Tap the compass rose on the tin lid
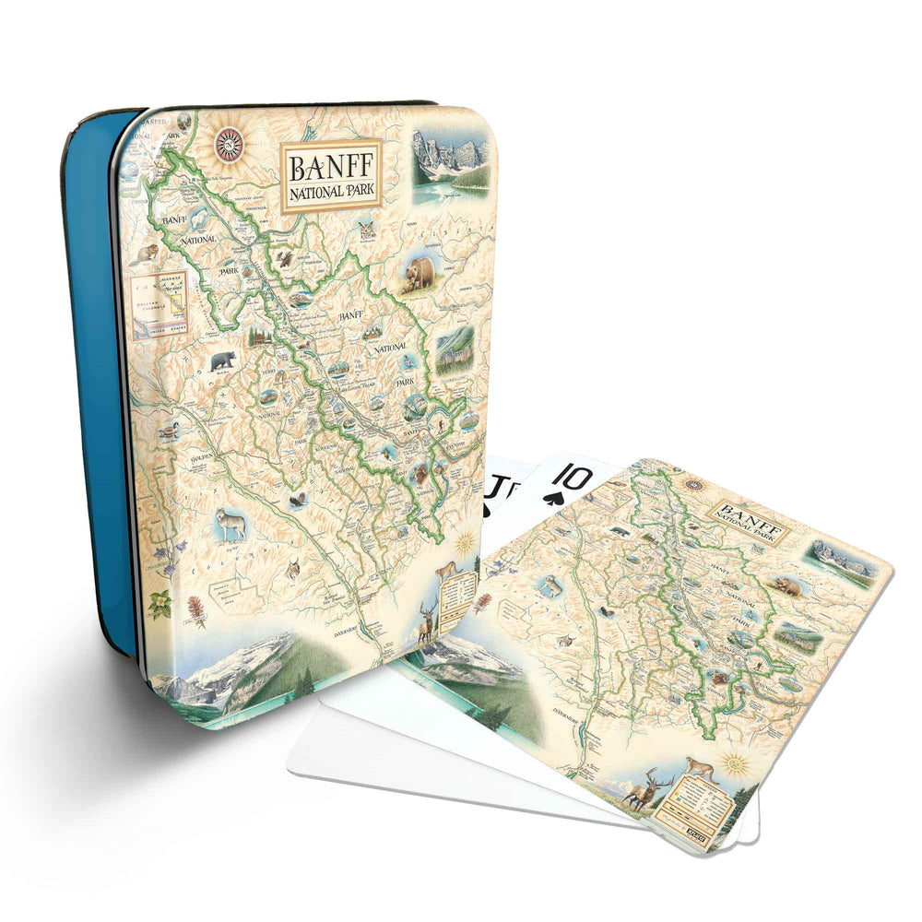click(229, 144)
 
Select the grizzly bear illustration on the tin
click(420, 274)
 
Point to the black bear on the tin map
click(222, 361)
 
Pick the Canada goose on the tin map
click(169, 430)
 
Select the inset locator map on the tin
click(160, 303)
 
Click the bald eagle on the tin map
click(298, 502)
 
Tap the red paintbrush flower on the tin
click(195, 610)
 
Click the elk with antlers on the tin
click(426, 620)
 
